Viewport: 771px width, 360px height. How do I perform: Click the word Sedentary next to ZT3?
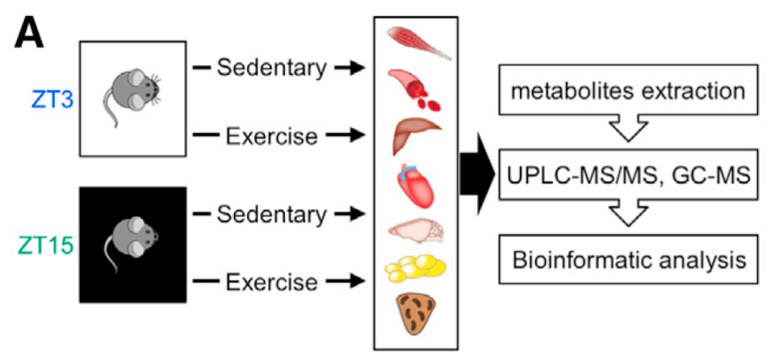click(x=271, y=69)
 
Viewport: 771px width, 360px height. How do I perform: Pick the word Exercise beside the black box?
click(x=271, y=283)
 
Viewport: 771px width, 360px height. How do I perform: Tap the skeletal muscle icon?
click(x=418, y=43)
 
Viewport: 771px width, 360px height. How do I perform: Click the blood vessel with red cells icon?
click(x=417, y=88)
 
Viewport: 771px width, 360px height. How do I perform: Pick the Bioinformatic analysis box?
click(x=630, y=261)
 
